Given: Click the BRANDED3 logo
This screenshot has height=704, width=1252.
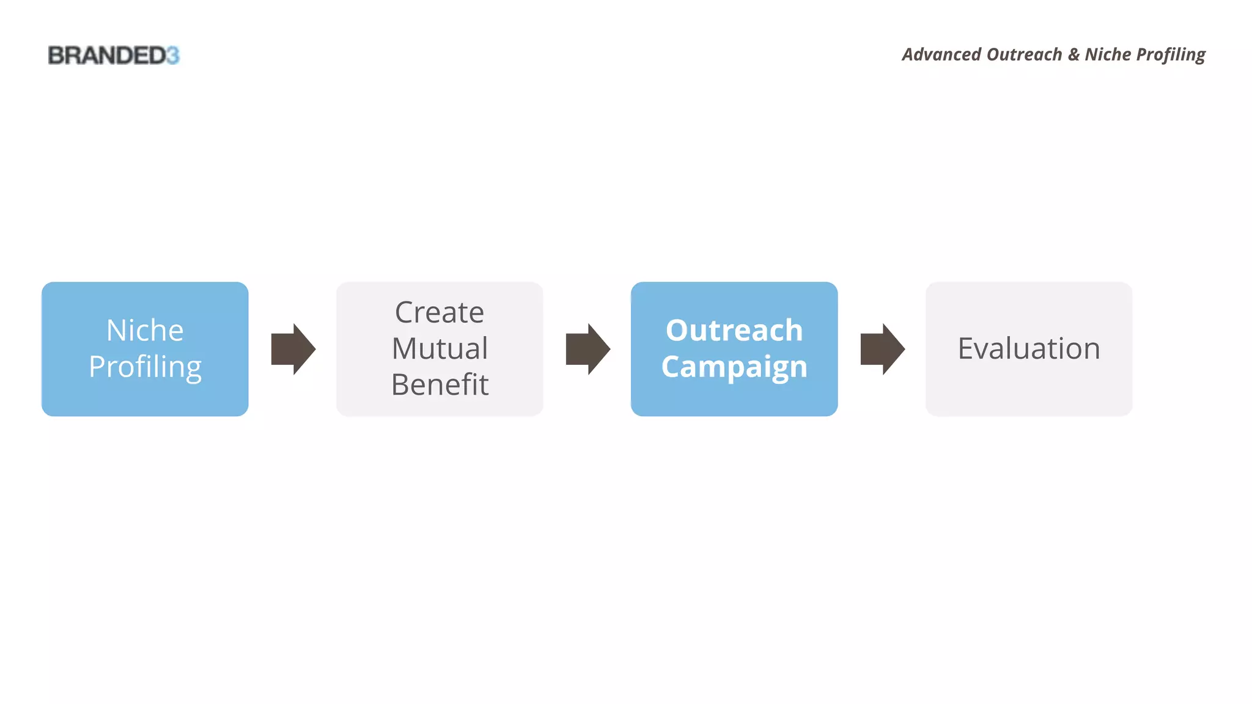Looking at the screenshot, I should coord(114,56).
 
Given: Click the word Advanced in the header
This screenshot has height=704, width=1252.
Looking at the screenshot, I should coord(941,54).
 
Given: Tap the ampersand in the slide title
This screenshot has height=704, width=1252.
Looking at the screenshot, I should coord(1073,54).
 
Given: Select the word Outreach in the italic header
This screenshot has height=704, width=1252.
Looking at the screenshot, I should coord(1024,54).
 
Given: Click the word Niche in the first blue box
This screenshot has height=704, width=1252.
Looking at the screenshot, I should coord(145,331).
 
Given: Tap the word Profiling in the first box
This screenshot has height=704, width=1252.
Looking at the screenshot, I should coord(145,367).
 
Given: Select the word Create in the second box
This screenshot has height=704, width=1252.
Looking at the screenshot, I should coord(440,313).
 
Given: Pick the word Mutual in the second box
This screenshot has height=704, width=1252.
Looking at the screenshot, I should coord(440,349).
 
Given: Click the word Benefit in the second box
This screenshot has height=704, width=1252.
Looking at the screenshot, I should coord(440,385).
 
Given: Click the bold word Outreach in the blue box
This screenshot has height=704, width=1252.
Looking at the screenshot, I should coord(734,331).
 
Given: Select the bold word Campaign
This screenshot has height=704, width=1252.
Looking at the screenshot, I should coord(734,367).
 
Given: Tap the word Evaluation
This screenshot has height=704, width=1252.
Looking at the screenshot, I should coord(1029,349).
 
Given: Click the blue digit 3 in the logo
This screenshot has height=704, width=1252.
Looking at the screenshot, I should coord(172,56).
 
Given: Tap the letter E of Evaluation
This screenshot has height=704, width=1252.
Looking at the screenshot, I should coord(966,349).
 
